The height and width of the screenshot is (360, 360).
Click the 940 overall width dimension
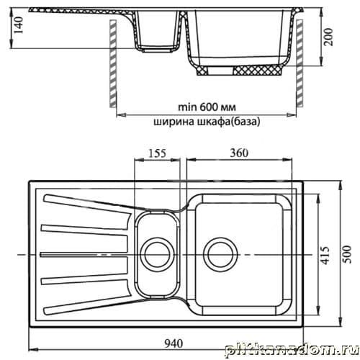[x=174, y=343]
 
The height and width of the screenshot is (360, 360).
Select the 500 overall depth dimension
[x=347, y=254]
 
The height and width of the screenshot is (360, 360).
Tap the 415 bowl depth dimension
[x=325, y=255]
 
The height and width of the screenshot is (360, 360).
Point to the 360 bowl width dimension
[x=239, y=153]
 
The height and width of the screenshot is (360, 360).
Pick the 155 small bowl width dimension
[x=157, y=153]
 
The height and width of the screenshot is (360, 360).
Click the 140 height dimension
[x=18, y=25]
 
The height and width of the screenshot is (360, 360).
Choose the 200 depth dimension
[x=328, y=37]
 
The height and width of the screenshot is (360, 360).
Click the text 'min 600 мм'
[x=207, y=107]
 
